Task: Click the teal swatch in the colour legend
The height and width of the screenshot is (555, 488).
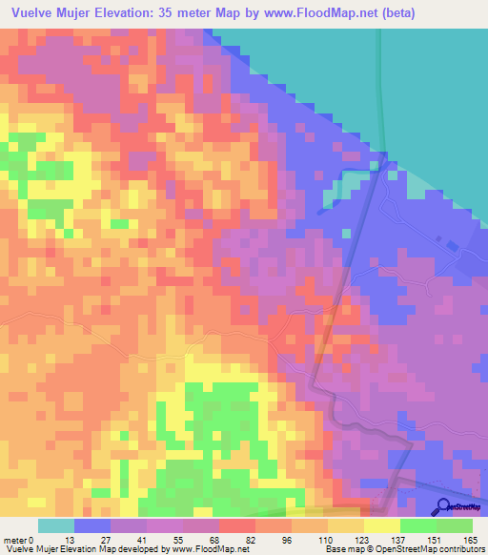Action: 56,525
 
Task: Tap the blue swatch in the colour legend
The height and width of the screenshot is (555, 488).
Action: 92,525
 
